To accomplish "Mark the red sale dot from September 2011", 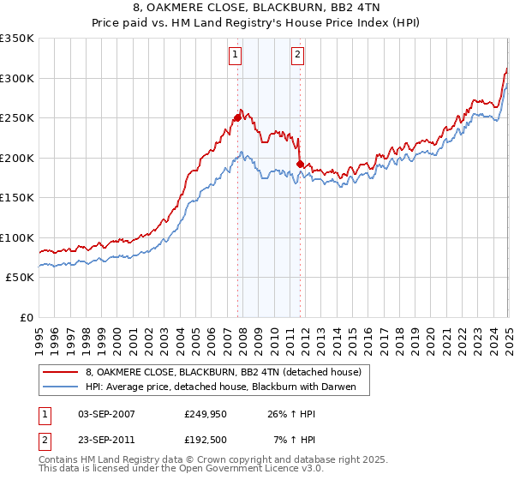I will pyautogui.click(x=300, y=164).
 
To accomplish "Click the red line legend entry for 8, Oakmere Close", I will pyautogui.click(x=224, y=372).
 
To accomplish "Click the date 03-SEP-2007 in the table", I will pyautogui.click(x=106, y=414).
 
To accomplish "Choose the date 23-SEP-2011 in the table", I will pyautogui.click(x=106, y=440).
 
